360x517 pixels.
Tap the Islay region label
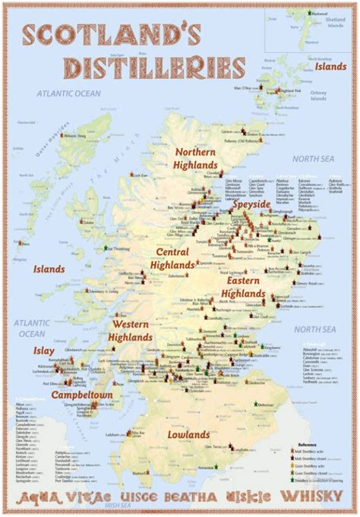(43, 350)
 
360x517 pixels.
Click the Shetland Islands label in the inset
(336, 23)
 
